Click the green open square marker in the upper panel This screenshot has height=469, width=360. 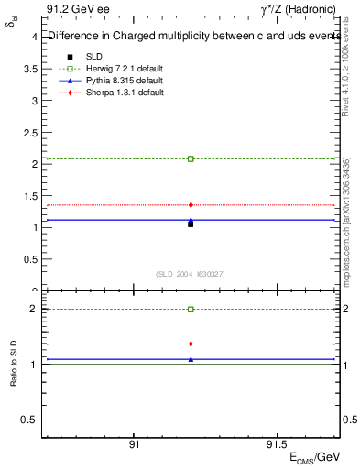point(191,158)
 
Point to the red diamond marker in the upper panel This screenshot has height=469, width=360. point(191,205)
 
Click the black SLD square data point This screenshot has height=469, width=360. point(191,224)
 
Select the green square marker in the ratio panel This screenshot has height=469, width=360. point(191,310)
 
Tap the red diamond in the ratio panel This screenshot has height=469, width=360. point(191,344)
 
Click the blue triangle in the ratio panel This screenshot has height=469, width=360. point(191,359)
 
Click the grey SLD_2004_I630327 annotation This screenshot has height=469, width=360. point(191,274)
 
